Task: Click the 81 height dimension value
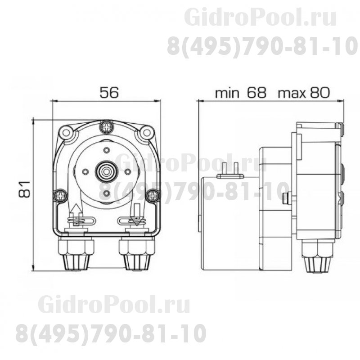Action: (x=26, y=188)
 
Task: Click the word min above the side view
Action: (x=227, y=93)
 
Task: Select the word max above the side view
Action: (x=292, y=93)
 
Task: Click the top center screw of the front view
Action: (x=107, y=127)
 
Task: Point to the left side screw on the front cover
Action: (x=60, y=195)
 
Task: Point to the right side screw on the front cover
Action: (x=153, y=195)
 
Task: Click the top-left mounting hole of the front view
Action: (x=66, y=133)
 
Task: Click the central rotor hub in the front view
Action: (x=107, y=171)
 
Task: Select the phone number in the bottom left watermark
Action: (x=111, y=333)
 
